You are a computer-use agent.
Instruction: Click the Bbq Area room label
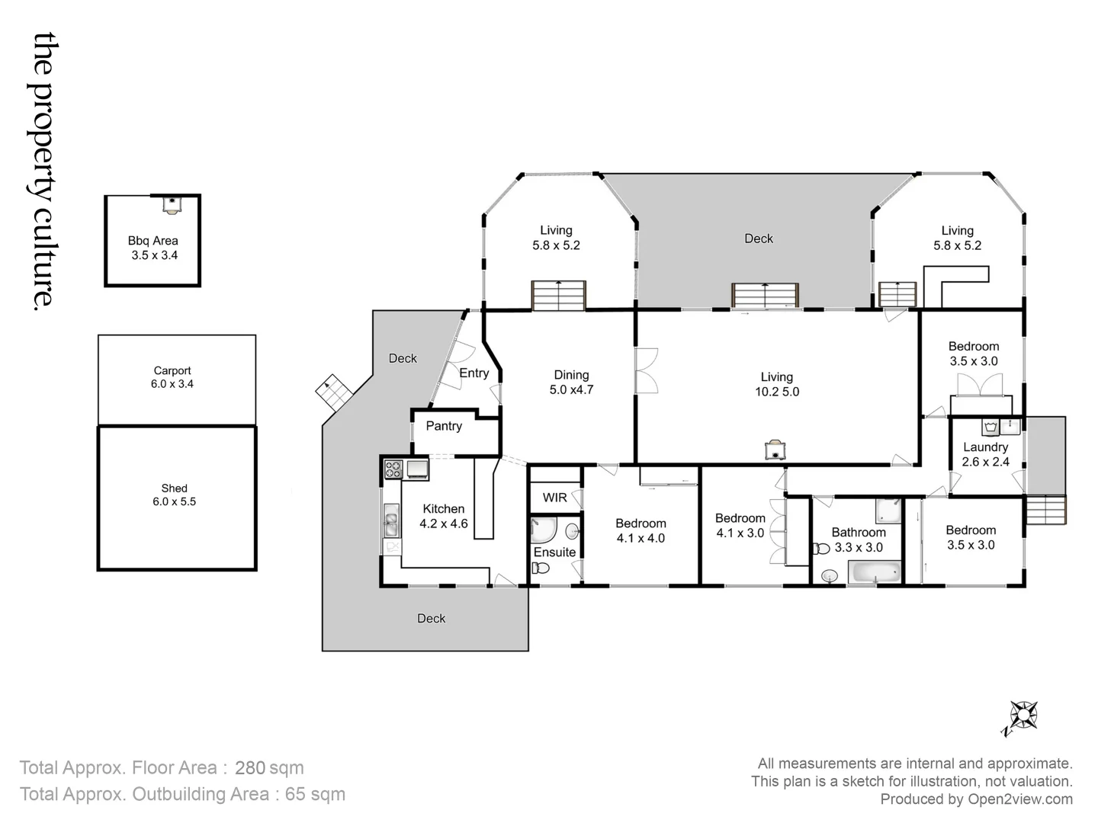point(153,248)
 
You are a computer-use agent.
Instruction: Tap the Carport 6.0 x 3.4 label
point(172,377)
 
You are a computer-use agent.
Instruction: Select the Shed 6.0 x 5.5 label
point(174,495)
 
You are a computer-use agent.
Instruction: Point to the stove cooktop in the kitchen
point(393,469)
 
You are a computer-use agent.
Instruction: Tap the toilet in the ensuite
point(541,568)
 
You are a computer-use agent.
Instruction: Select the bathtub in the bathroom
point(875,572)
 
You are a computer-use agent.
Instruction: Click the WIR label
point(554,498)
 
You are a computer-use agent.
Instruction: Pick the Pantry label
point(444,426)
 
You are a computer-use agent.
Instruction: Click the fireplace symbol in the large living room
point(775,450)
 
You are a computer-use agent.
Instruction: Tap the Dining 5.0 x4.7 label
point(571,382)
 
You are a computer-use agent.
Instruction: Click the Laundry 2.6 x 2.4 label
point(985,454)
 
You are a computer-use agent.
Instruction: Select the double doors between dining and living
point(646,371)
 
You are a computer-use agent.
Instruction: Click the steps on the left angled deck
point(333,390)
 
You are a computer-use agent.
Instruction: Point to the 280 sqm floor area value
point(268,767)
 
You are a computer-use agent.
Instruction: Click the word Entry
point(474,373)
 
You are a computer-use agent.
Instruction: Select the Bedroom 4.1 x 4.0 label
point(640,530)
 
